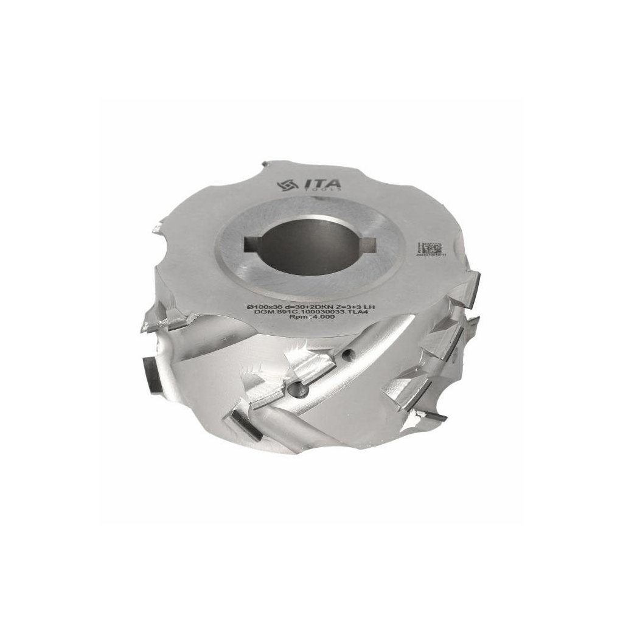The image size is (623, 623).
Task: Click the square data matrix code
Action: coord(431,248)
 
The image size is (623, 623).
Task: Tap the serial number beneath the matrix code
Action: coord(431,259)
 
